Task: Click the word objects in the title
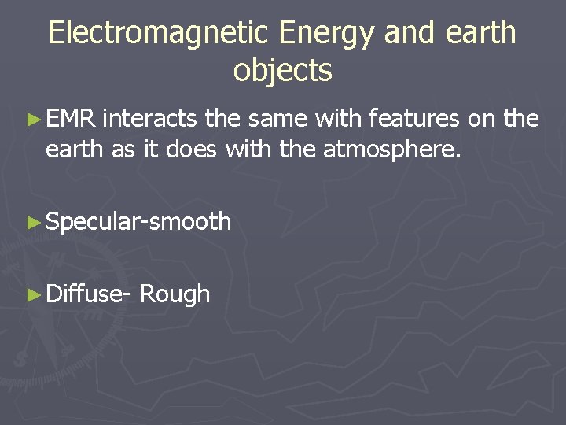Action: click(283, 71)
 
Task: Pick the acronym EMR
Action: click(71, 119)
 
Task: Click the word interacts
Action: click(149, 119)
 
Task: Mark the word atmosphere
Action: click(390, 149)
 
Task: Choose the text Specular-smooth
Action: click(138, 223)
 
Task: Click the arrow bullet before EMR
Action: click(33, 120)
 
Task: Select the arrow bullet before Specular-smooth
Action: click(33, 223)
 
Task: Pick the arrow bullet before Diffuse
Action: click(33, 294)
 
